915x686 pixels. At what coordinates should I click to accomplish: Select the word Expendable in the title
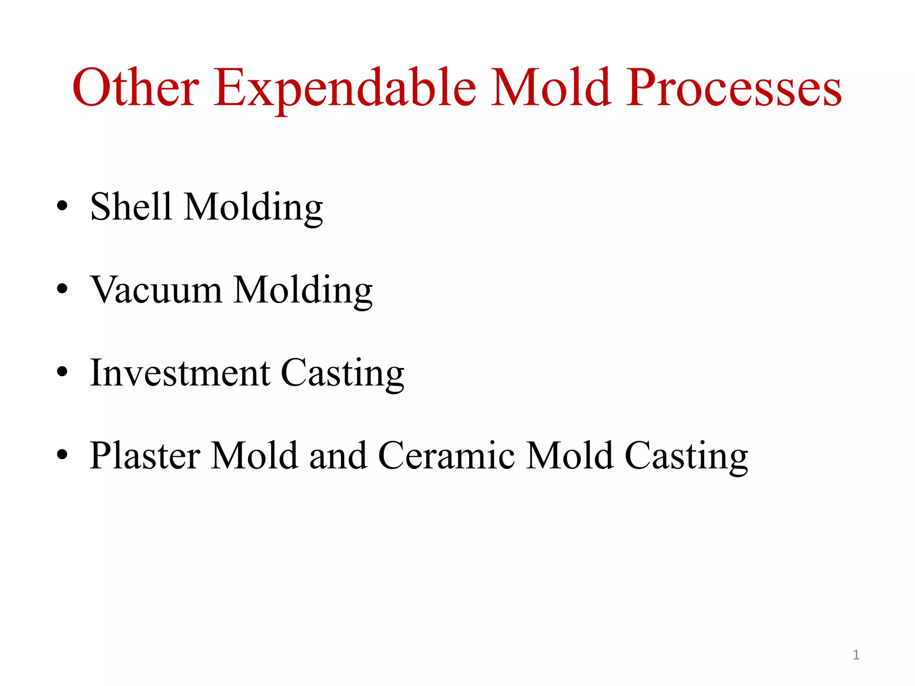(344, 88)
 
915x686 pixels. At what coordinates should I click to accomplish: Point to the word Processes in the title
(734, 88)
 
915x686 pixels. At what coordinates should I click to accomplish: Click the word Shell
(131, 206)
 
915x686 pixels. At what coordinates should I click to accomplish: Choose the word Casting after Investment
(342, 374)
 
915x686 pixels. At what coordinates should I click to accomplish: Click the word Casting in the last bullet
(686, 457)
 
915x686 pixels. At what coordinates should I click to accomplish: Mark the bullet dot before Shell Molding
(62, 206)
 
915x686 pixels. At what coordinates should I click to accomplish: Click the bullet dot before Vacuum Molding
(62, 289)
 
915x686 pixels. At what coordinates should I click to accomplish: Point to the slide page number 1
(856, 655)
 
